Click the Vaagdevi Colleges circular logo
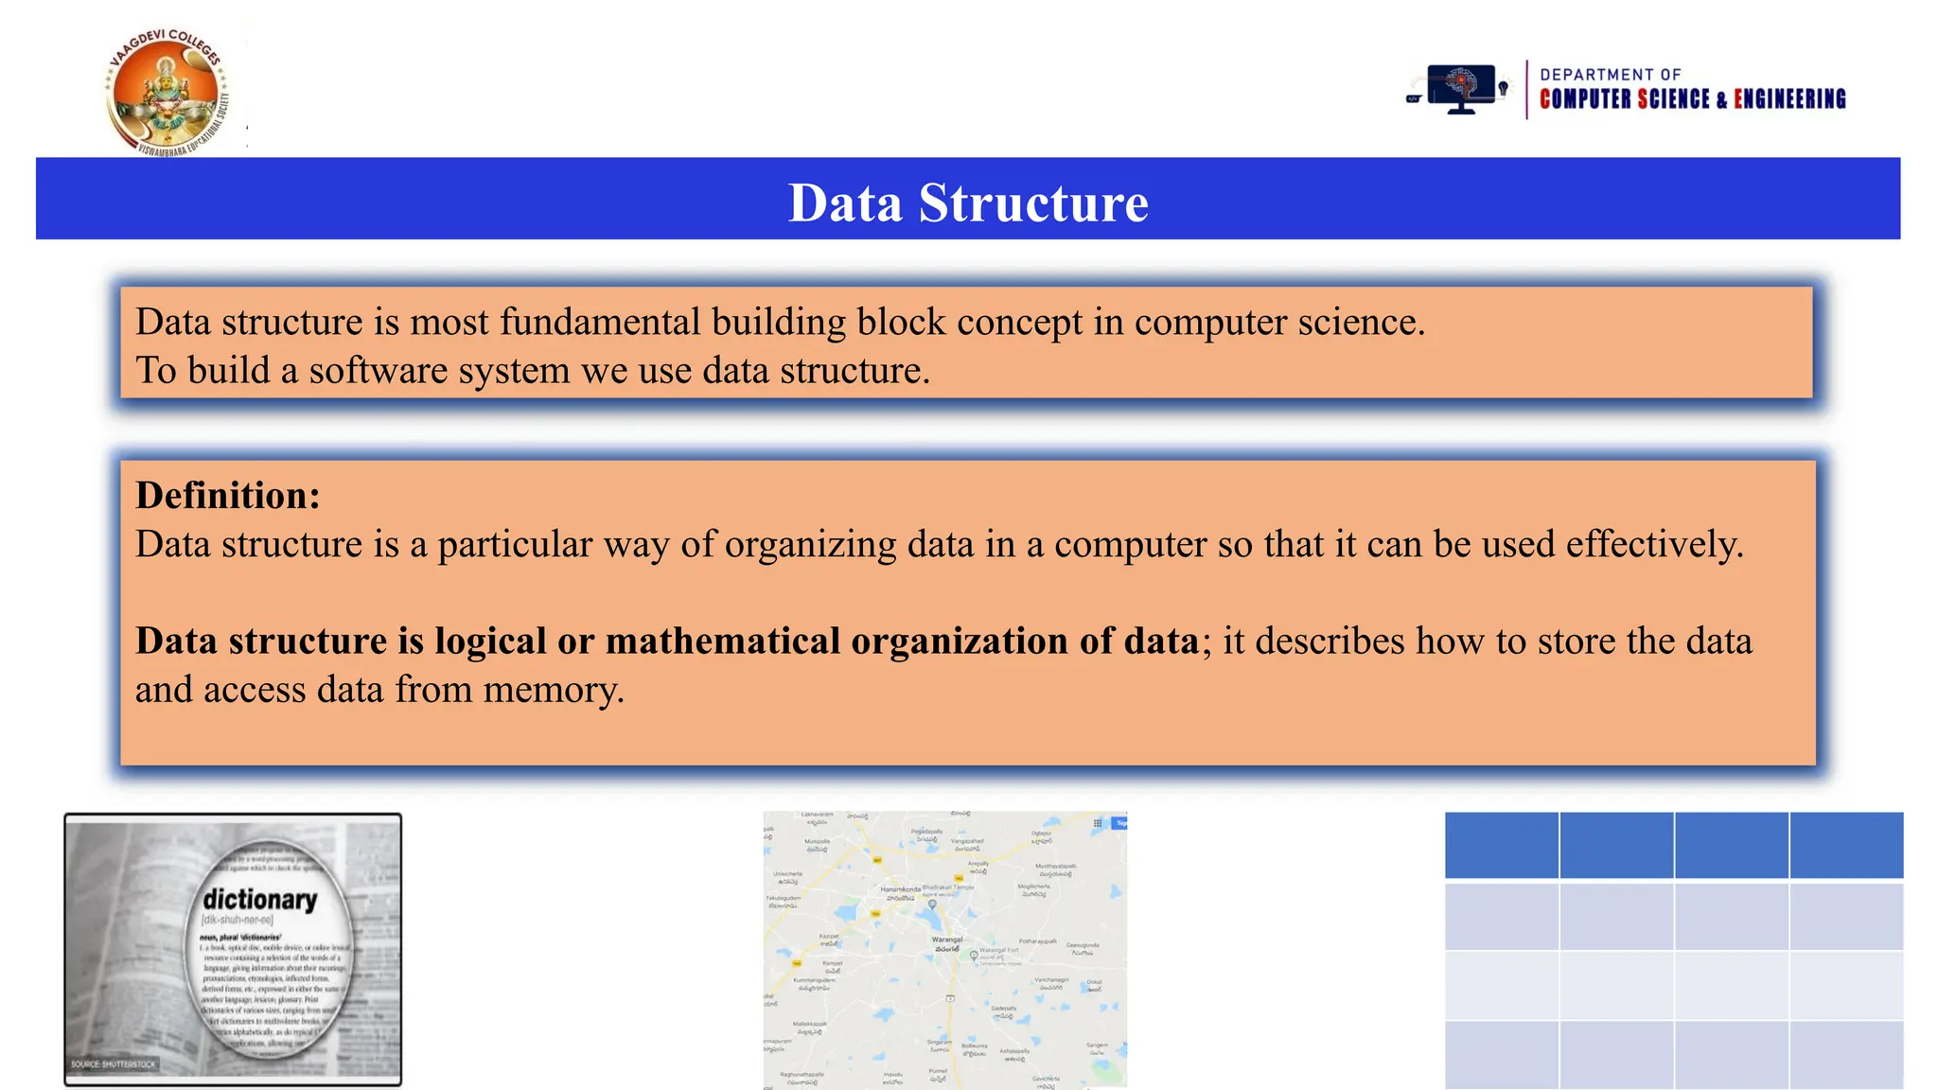pyautogui.click(x=167, y=93)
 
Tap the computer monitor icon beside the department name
pyautogui.click(x=1461, y=89)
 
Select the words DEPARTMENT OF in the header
pyautogui.click(x=1610, y=75)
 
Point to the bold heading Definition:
pyautogui.click(x=228, y=495)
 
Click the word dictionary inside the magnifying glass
pyautogui.click(x=260, y=899)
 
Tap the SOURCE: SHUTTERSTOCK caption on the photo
pyautogui.click(x=114, y=1064)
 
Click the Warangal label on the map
pyautogui.click(x=947, y=940)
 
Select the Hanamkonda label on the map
pyautogui.click(x=900, y=889)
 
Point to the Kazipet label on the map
pyautogui.click(x=829, y=937)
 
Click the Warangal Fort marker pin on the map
pyautogui.click(x=974, y=956)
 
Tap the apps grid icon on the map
pyautogui.click(x=1098, y=823)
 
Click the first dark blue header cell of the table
pyautogui.click(x=1502, y=845)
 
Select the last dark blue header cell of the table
pyautogui.click(x=1846, y=845)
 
